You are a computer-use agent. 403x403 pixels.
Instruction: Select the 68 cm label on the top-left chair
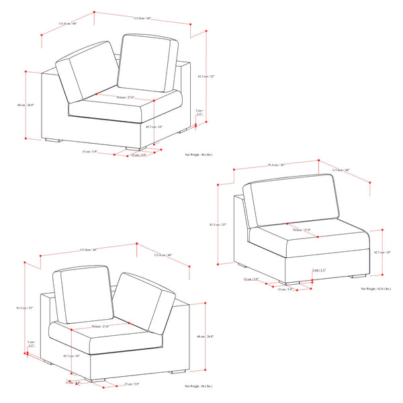(x=26, y=105)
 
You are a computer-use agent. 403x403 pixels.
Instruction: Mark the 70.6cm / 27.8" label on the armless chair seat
(x=302, y=230)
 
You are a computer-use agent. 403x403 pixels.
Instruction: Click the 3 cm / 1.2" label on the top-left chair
(x=199, y=112)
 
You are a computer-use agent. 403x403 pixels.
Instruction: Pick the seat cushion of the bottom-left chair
(x=121, y=339)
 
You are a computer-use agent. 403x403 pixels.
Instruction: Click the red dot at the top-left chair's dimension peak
(x=94, y=11)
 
